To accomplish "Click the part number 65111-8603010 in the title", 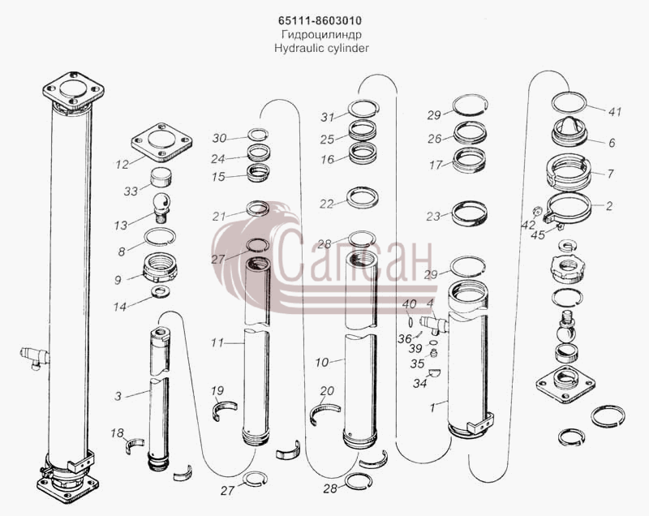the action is click(320, 21).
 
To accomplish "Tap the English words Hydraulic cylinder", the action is click(321, 49).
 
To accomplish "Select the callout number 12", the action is click(122, 165).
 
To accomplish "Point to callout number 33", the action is click(131, 191).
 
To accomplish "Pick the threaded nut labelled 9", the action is click(160, 267).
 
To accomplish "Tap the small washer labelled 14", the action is click(161, 292).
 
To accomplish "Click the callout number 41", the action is click(615, 112).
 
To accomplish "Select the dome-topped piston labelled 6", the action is click(569, 131).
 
